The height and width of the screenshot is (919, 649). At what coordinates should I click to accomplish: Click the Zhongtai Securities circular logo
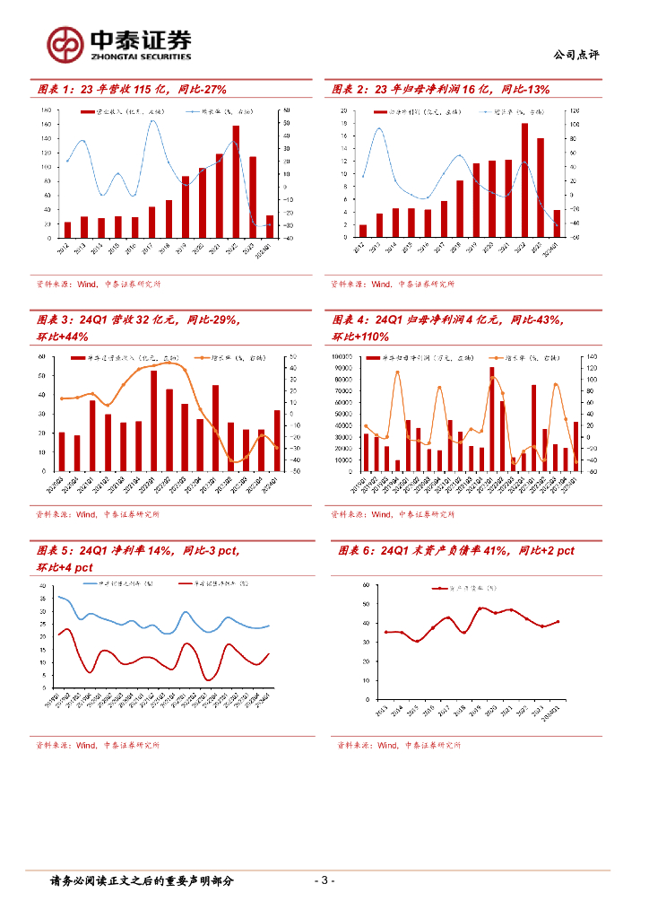pos(65,43)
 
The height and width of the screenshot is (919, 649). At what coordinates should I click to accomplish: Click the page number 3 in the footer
pos(326,880)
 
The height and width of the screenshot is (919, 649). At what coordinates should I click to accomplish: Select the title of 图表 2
pos(439,90)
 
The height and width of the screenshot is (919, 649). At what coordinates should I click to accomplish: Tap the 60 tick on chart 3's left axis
pos(44,357)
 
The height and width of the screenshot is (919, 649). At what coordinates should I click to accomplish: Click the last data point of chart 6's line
pos(558,621)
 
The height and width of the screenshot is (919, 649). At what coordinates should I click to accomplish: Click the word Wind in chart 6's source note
pos(388,745)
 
